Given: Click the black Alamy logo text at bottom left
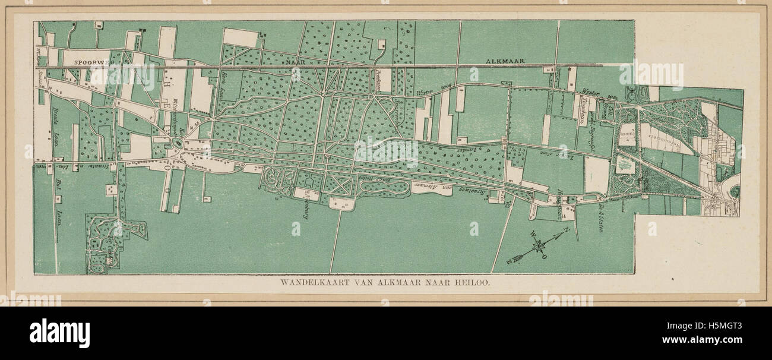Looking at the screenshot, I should (x=59, y=333).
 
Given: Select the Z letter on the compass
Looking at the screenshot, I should (x=509, y=262).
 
